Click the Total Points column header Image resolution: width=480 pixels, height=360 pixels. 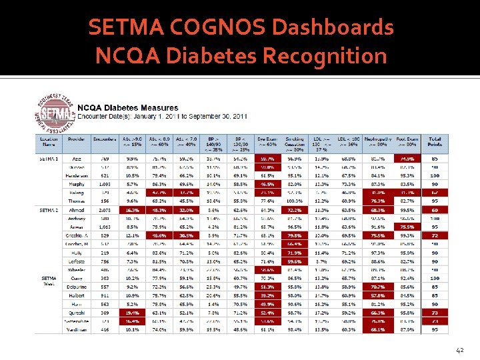click(434, 142)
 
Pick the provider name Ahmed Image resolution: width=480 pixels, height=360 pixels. click(77, 210)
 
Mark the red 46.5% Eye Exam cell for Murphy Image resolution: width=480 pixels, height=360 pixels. click(267, 183)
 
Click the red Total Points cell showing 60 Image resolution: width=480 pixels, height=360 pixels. click(434, 210)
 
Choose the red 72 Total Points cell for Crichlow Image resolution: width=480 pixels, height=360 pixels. click(434, 236)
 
